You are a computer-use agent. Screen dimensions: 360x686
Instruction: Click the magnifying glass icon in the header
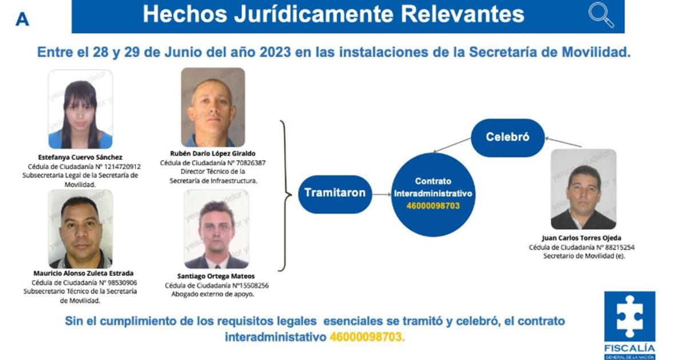point(601,15)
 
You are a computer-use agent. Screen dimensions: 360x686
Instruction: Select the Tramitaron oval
point(335,193)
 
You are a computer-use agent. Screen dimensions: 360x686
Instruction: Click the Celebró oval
point(508,137)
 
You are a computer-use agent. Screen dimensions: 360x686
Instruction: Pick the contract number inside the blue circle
point(433,206)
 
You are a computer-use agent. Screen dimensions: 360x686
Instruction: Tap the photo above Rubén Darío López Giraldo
point(213,107)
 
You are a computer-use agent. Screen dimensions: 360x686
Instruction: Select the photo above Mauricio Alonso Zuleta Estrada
point(80,229)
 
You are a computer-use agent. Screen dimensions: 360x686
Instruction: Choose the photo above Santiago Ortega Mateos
point(217,229)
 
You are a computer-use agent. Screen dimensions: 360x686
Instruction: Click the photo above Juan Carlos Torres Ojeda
point(583,189)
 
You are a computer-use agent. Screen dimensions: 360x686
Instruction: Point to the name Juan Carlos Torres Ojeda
point(583,238)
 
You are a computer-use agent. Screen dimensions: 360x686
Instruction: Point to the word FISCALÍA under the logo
point(629,348)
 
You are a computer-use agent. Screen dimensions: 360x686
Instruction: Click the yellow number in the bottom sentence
point(366,337)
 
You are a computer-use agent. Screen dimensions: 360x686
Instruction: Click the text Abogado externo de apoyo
point(212,294)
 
